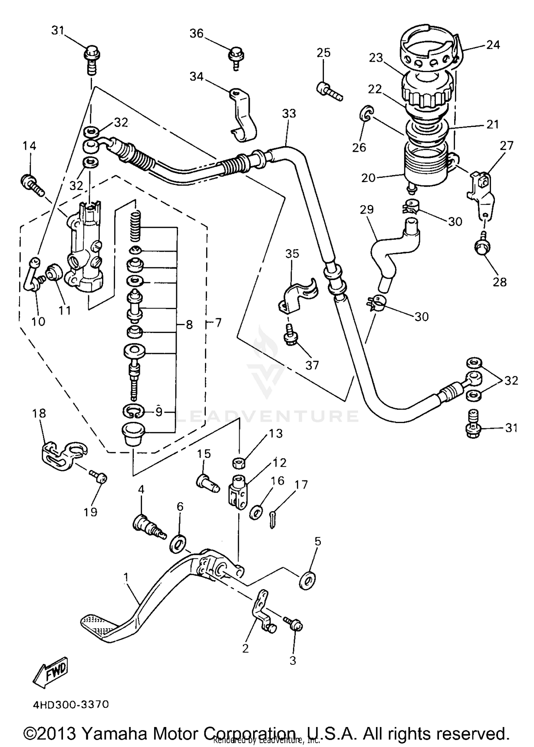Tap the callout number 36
pyautogui.click(x=196, y=34)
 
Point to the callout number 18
pyautogui.click(x=39, y=413)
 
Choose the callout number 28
pyautogui.click(x=500, y=282)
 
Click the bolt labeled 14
pyautogui.click(x=32, y=184)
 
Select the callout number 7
pyautogui.click(x=218, y=323)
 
